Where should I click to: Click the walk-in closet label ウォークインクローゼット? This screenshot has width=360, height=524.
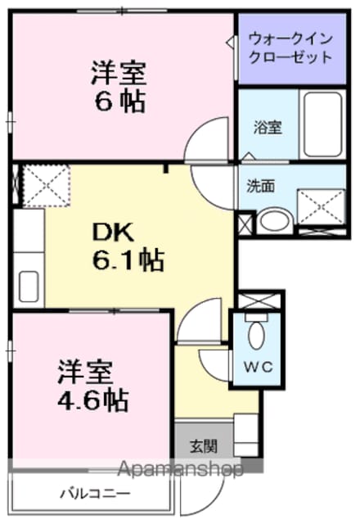[290, 48]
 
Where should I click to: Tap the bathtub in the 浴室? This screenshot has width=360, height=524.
[322, 124]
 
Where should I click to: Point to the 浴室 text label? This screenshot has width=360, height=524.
[268, 128]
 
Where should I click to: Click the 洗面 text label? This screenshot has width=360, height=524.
[261, 186]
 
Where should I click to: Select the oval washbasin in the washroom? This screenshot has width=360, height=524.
[275, 220]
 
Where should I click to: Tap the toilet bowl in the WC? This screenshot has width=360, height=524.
[256, 335]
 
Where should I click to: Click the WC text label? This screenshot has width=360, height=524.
[259, 368]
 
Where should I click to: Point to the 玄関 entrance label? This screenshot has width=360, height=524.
[204, 446]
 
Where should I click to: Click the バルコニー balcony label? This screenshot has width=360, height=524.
[95, 494]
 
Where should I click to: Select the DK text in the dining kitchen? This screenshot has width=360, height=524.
[113, 233]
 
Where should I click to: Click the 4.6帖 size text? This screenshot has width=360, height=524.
[93, 400]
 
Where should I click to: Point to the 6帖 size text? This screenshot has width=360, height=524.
[120, 102]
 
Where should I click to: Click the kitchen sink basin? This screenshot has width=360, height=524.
[29, 286]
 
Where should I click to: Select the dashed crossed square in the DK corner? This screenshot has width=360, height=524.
[47, 186]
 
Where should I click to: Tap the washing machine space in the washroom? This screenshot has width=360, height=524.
[321, 207]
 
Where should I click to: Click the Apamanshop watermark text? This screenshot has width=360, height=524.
[180, 469]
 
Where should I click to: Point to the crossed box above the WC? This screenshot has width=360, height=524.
[259, 301]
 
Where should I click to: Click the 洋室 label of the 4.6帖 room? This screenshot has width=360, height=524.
[85, 372]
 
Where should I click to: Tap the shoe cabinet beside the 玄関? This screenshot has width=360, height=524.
[246, 435]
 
